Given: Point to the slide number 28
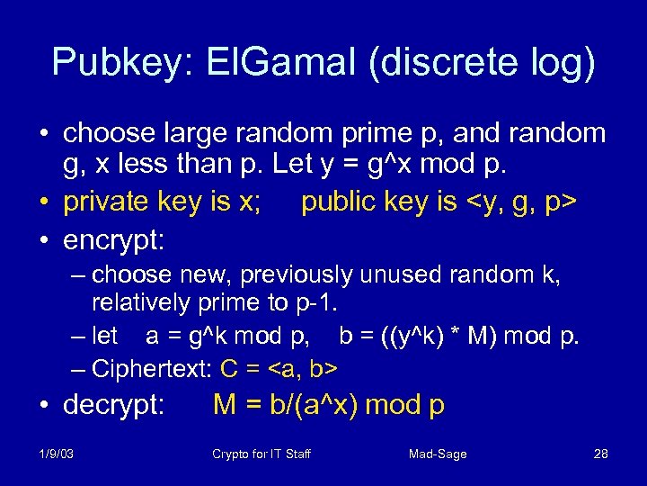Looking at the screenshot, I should (x=601, y=454).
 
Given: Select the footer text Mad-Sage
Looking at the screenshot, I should (x=438, y=454).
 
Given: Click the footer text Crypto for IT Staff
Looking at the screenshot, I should (x=261, y=454).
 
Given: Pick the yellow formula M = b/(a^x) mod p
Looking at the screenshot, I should (x=329, y=405).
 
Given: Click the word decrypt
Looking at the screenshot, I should (x=114, y=406).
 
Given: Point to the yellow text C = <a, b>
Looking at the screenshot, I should (x=279, y=369).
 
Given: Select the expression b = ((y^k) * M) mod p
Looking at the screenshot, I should (x=460, y=337).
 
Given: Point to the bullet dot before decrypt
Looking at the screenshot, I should (x=43, y=406).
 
